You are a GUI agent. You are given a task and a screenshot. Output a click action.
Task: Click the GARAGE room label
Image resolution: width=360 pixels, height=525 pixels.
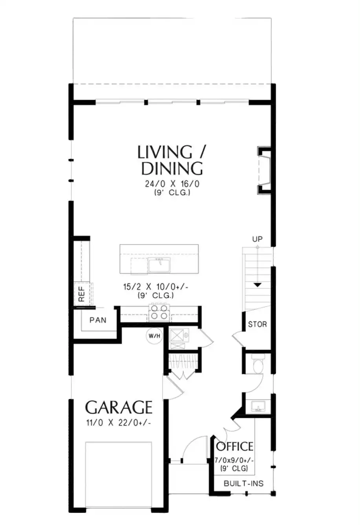[119, 407]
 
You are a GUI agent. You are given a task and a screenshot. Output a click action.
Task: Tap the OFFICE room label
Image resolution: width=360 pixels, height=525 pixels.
[234, 447]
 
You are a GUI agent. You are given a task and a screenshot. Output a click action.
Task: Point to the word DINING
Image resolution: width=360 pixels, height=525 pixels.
[172, 168]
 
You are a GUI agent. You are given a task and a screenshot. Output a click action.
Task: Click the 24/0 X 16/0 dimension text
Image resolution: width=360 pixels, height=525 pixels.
[172, 184]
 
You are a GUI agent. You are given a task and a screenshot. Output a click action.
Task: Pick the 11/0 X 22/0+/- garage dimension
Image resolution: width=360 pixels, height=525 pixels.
[119, 423]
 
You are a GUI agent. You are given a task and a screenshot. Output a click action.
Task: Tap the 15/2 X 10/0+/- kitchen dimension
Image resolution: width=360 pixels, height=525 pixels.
[156, 287]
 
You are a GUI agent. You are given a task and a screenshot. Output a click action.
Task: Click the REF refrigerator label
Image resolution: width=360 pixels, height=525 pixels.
[81, 294]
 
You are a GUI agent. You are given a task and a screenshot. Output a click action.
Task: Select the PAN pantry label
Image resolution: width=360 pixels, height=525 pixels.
[98, 320]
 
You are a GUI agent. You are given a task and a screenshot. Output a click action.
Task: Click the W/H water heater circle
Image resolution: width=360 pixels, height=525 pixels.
[154, 336]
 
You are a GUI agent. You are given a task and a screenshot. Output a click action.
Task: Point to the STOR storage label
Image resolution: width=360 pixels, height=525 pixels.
[257, 324]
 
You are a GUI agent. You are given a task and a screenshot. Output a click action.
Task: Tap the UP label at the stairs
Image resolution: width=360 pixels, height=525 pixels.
[257, 239]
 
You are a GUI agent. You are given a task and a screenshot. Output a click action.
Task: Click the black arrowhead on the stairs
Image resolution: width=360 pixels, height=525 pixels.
[258, 285]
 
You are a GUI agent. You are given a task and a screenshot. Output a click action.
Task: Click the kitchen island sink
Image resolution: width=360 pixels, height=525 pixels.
[159, 264]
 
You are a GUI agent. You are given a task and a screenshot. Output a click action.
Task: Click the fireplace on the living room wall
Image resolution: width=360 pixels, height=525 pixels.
[264, 171]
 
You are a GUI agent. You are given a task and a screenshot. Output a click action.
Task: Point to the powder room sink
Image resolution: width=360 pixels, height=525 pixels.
[258, 406]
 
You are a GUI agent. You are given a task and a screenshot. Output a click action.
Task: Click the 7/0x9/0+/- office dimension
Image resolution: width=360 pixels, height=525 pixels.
[234, 460]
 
